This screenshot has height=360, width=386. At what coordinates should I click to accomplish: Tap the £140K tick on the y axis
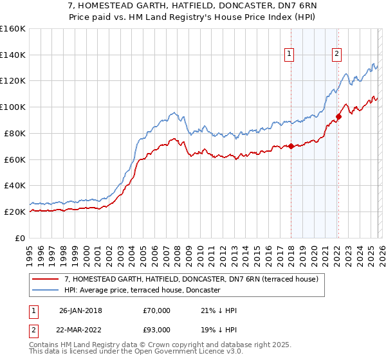[12, 55]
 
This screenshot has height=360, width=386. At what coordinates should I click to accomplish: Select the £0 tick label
[21, 238]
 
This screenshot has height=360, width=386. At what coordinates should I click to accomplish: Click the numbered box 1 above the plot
[290, 55]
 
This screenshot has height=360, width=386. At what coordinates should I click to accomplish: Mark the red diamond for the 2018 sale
[291, 146]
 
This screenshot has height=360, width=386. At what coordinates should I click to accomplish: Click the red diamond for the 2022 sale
[338, 116]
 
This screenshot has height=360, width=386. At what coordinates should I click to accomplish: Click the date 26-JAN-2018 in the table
[81, 310]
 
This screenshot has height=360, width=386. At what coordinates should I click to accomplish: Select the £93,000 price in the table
[157, 330]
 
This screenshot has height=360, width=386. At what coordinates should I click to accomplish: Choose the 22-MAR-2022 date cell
[81, 330]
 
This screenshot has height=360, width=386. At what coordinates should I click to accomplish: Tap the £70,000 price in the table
[157, 310]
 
